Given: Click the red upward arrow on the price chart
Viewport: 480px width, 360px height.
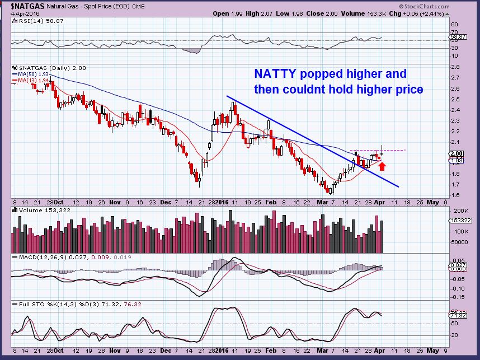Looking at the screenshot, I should tap(382, 165).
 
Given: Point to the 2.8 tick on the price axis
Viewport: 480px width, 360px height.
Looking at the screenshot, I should tap(455, 67).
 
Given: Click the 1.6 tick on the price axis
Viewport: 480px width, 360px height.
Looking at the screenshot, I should tap(455, 195).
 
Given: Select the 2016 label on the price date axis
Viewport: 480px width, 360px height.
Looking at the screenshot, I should tap(223, 200).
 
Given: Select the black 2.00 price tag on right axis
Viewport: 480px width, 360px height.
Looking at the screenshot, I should tap(457, 153).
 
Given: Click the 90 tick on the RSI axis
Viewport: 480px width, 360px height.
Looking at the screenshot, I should tap(455, 24).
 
